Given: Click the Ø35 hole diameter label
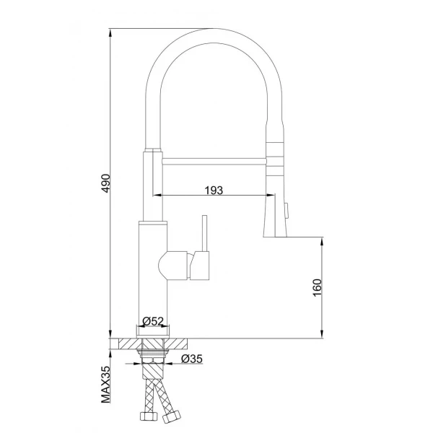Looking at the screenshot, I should [x=191, y=358].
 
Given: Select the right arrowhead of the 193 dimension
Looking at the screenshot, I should [x=271, y=196].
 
